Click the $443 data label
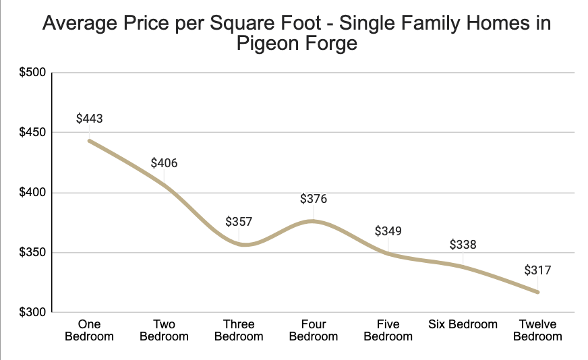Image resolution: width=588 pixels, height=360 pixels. click(x=89, y=119)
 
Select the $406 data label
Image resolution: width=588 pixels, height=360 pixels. click(x=164, y=163)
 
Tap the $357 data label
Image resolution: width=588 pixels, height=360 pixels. click(x=239, y=222)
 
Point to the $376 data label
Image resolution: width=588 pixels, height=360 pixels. click(x=314, y=199)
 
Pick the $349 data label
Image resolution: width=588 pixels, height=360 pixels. click(x=388, y=231)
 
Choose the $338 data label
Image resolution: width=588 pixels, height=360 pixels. click(x=463, y=245)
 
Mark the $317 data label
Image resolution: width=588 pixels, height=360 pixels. click(x=537, y=271)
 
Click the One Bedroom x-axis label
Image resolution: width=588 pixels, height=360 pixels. click(x=89, y=330)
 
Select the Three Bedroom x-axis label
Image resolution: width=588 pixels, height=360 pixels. click(x=239, y=330)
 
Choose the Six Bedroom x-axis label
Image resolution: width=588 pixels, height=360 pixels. click(x=463, y=324)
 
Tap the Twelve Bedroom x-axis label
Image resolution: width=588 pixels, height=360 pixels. click(x=537, y=330)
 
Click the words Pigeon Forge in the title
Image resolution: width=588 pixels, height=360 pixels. click(x=296, y=44)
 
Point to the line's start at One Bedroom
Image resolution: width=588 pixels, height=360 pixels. click(x=89, y=140)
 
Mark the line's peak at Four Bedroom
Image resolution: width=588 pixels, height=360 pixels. click(x=313, y=221)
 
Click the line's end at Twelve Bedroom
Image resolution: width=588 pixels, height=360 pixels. click(x=537, y=292)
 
